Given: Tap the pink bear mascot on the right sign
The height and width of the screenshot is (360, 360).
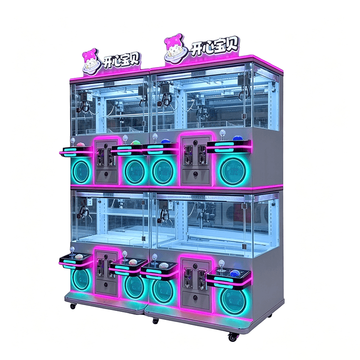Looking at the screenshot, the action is pyautogui.click(x=174, y=48).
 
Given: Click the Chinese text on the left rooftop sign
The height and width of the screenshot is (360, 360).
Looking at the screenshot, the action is pyautogui.click(x=121, y=60).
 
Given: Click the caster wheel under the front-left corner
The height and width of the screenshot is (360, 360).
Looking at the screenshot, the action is pyautogui.click(x=73, y=306).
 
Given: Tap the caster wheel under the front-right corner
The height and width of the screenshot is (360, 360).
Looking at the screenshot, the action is pyautogui.click(x=233, y=337).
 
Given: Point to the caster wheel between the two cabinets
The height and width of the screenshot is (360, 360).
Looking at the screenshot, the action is pyautogui.click(x=155, y=321).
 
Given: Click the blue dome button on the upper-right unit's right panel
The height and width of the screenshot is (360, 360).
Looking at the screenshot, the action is pyautogui.click(x=237, y=138).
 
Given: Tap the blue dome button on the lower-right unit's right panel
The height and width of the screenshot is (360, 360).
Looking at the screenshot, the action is pyautogui.click(x=235, y=273).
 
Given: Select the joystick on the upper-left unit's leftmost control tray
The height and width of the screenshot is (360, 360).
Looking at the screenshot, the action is pyautogui.click(x=73, y=142).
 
